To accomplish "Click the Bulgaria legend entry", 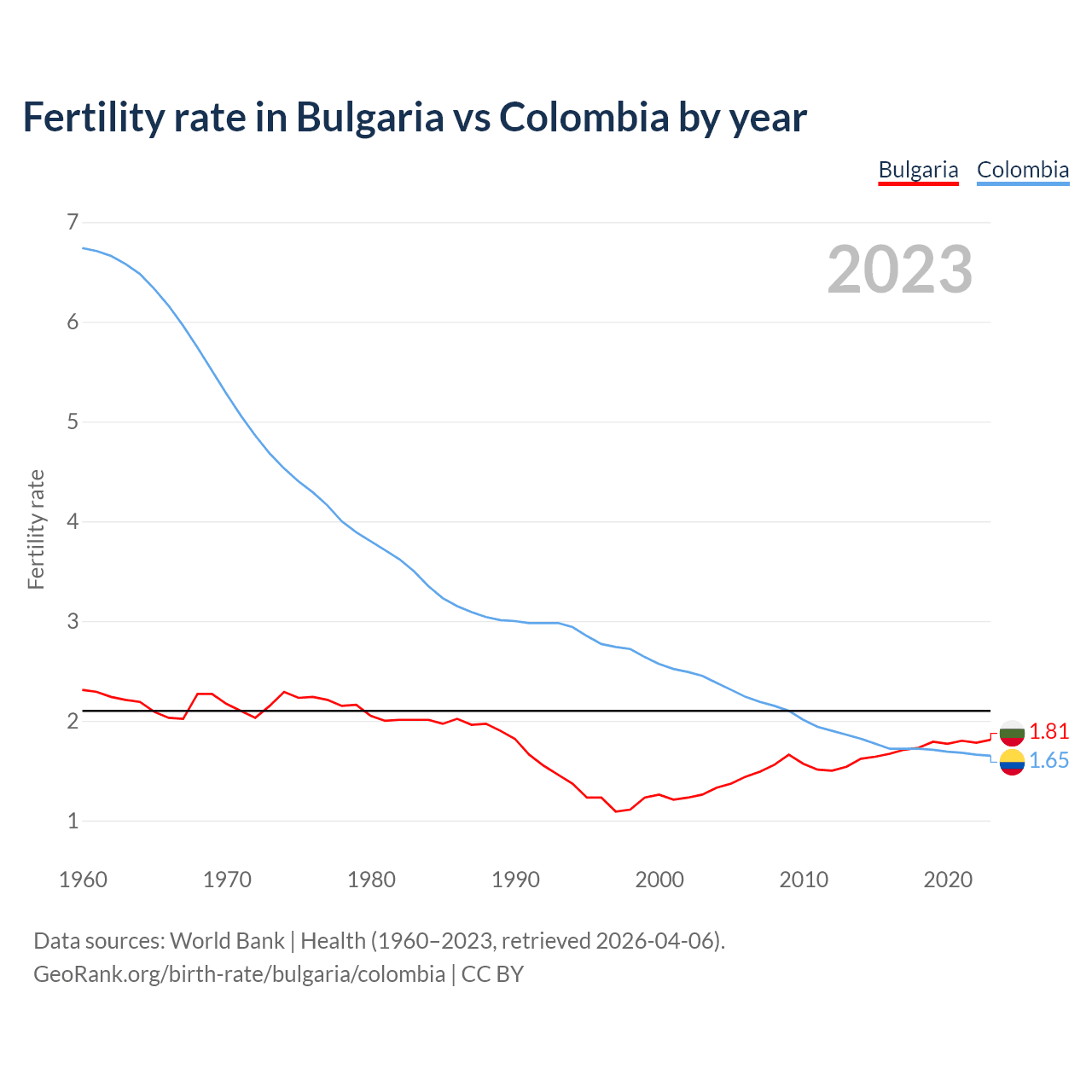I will click(918, 170).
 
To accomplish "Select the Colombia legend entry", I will click(1022, 170).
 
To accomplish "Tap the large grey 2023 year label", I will click(899, 270).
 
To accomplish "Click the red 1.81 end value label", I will click(1048, 731).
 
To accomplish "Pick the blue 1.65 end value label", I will click(1048, 760).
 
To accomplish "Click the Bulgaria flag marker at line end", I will click(1012, 731).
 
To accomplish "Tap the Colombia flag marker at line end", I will click(1012, 762).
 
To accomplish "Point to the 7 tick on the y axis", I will click(73, 223).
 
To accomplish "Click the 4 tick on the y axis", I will click(73, 521).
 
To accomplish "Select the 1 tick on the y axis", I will click(73, 821).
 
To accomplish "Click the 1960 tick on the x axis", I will click(83, 880).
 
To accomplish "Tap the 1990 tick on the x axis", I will click(515, 880).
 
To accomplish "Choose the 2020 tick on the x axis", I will click(948, 880).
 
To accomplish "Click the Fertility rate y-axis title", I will click(36, 529).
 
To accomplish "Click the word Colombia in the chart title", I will click(584, 117).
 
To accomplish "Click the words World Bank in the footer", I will click(227, 941).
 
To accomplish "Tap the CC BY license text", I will click(492, 973).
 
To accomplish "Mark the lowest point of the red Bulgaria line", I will click(616, 811).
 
